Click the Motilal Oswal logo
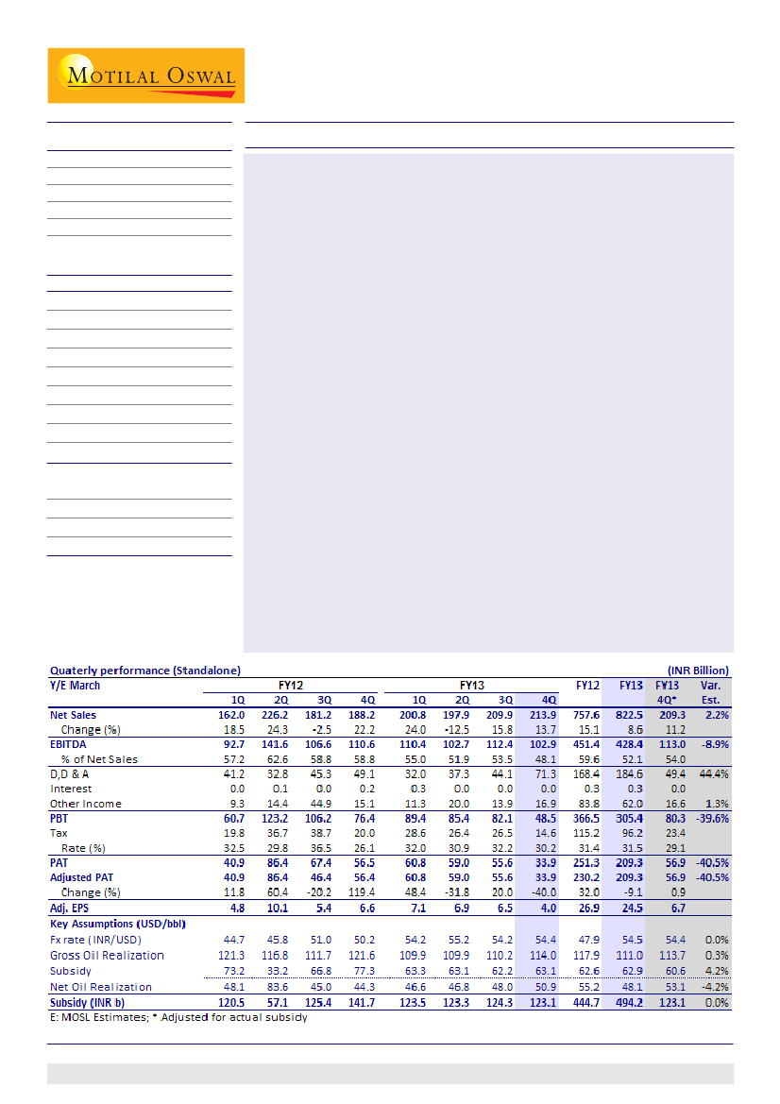point(145,76)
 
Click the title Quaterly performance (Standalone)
point(145,671)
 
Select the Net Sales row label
point(73,715)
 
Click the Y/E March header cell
point(75,685)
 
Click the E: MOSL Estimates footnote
point(178,1017)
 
